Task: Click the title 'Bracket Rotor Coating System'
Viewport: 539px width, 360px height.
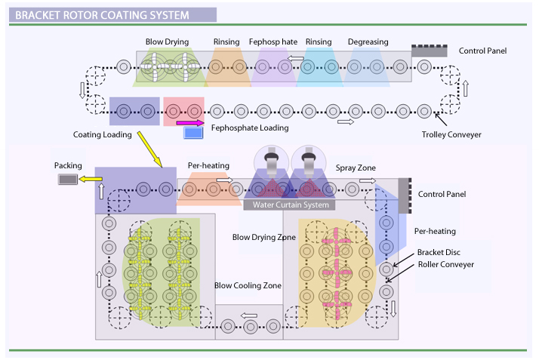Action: click(x=103, y=14)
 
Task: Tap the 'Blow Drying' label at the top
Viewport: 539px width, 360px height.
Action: click(x=168, y=42)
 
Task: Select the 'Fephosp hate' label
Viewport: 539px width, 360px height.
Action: click(x=273, y=42)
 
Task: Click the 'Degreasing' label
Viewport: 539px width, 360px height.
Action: click(x=368, y=42)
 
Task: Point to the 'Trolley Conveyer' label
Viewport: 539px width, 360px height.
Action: click(x=451, y=135)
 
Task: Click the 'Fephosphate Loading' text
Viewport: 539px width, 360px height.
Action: click(x=249, y=128)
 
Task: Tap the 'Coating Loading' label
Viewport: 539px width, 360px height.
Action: click(x=103, y=135)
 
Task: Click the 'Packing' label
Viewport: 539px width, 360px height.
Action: click(x=68, y=165)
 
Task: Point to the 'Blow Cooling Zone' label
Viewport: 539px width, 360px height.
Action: click(x=248, y=285)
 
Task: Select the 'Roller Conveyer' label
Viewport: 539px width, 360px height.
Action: click(x=446, y=264)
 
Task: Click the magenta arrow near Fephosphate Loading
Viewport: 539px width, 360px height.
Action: click(x=189, y=122)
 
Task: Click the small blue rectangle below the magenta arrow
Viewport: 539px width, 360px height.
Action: click(x=194, y=134)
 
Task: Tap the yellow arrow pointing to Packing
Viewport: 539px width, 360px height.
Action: click(x=91, y=180)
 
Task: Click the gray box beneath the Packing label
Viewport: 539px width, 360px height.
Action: click(x=68, y=180)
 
